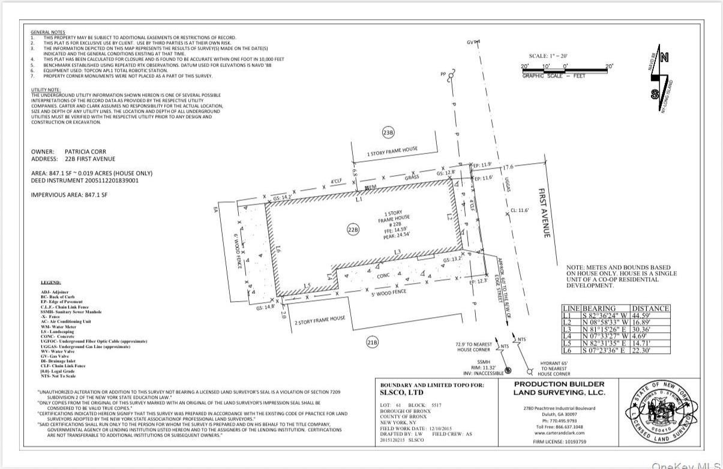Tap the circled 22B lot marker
coord(353,229)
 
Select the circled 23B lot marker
coord(389,133)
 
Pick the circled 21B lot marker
coord(373,342)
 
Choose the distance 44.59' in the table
coord(650,315)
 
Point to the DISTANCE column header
coord(650,308)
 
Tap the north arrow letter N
coord(664,58)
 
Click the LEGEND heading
coord(50,282)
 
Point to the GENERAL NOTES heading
coord(48,32)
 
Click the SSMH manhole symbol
coord(508,371)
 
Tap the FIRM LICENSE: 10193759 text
coord(559,442)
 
